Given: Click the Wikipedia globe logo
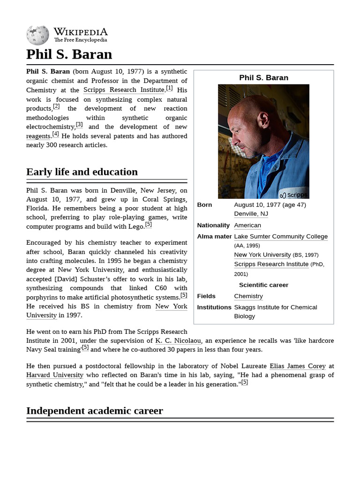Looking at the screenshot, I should (37, 35).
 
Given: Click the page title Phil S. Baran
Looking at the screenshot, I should (69, 54).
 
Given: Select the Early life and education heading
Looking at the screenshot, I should (82, 172).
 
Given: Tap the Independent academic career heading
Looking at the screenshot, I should (95, 411).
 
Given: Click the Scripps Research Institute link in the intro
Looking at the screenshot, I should (124, 90).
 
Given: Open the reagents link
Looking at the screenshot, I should (38, 136).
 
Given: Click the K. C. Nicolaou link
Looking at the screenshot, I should (178, 340).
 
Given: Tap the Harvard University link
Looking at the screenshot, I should (55, 375).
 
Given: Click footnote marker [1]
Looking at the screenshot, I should (169, 88).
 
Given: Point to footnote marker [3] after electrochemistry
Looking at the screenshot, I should (79, 125).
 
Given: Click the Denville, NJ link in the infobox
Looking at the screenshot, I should (251, 214).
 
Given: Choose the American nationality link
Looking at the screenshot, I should (247, 225).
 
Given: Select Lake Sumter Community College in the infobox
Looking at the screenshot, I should (281, 236).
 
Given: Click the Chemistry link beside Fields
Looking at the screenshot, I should (248, 296).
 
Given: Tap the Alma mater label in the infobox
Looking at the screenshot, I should (214, 236).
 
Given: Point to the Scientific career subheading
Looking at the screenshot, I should (263, 285).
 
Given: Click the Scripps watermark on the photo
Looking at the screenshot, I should (293, 195).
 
